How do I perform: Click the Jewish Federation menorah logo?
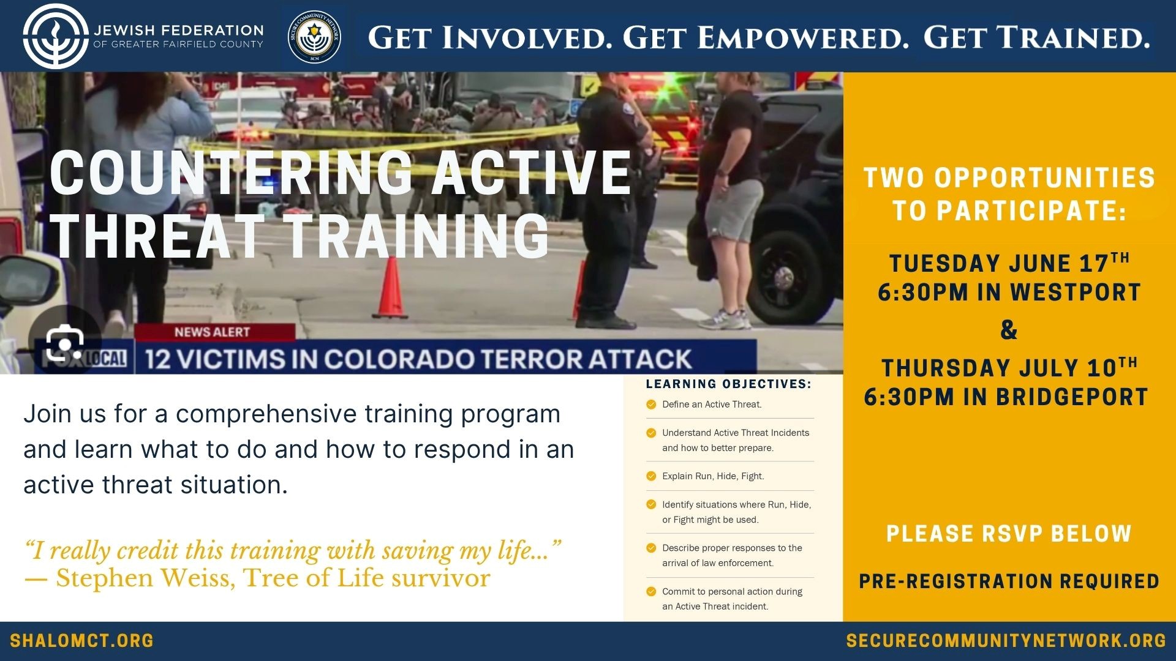click(56, 36)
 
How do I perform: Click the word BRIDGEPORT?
click(1072, 397)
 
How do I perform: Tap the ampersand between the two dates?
click(1009, 330)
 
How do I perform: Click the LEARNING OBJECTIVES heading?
click(728, 384)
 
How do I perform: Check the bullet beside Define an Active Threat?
click(651, 405)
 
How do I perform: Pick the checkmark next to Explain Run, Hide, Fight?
click(651, 476)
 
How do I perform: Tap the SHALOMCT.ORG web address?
click(82, 641)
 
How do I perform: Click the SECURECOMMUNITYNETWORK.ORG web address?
click(1006, 641)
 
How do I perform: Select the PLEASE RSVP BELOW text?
click(1009, 534)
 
